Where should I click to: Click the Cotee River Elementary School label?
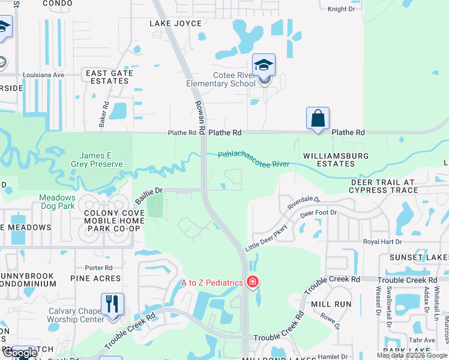[x=229, y=79]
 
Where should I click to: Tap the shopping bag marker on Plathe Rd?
[x=318, y=118]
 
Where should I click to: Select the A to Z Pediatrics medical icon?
[x=253, y=281]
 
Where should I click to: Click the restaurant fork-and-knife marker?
[x=112, y=304]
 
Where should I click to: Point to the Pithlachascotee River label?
[x=253, y=158]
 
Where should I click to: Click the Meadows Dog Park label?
[x=58, y=202]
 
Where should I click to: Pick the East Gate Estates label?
[x=109, y=77]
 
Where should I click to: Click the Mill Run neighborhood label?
[x=331, y=304]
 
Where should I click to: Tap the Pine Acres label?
[x=95, y=278]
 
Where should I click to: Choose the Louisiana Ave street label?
[x=43, y=75]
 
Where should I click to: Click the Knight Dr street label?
[x=342, y=9]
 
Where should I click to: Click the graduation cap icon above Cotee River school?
[x=264, y=65]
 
